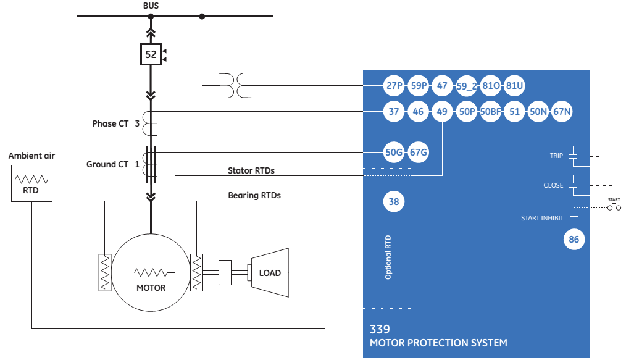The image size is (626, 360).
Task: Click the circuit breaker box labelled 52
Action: coord(151,54)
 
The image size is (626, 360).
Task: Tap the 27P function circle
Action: coord(394,86)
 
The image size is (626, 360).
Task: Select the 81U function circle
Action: coord(514,86)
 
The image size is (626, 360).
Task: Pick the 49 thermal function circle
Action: coord(442,112)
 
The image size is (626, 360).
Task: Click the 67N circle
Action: coord(562,112)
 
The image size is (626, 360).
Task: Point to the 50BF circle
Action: coord(490,112)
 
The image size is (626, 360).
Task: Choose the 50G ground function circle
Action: coord(394,152)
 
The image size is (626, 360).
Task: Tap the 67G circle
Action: coord(419,152)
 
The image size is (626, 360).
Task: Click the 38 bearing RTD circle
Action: coord(394,201)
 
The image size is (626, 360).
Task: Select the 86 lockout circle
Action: coord(574,240)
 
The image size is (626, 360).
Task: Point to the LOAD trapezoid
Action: coord(269,272)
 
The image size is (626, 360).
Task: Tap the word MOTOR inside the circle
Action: coord(151,288)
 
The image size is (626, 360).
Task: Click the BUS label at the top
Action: coord(151,5)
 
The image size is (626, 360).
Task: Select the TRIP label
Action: coord(556,156)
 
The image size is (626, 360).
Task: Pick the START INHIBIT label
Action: coord(542,218)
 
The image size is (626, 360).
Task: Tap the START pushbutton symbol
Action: coord(614,206)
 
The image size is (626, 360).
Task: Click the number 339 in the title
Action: coord(380,329)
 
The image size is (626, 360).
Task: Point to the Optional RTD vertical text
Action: coord(388,257)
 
